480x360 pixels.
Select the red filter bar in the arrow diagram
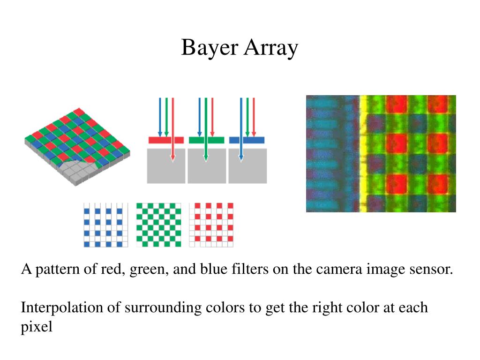[x=166, y=140]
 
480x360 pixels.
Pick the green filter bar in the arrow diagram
[x=206, y=140]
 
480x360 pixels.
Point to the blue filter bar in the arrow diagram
[x=247, y=140]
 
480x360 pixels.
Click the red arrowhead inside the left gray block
[x=172, y=158]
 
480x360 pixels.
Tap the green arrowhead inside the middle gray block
[x=206, y=158]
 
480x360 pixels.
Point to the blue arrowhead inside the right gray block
[x=241, y=158]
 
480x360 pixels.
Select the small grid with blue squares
[x=105, y=225]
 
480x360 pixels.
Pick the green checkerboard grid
[x=158, y=225]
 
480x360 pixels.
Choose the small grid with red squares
[x=211, y=225]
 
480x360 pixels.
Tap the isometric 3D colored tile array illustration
[x=77, y=145]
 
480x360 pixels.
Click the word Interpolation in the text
[x=59, y=308]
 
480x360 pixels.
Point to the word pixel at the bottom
[x=37, y=327]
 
